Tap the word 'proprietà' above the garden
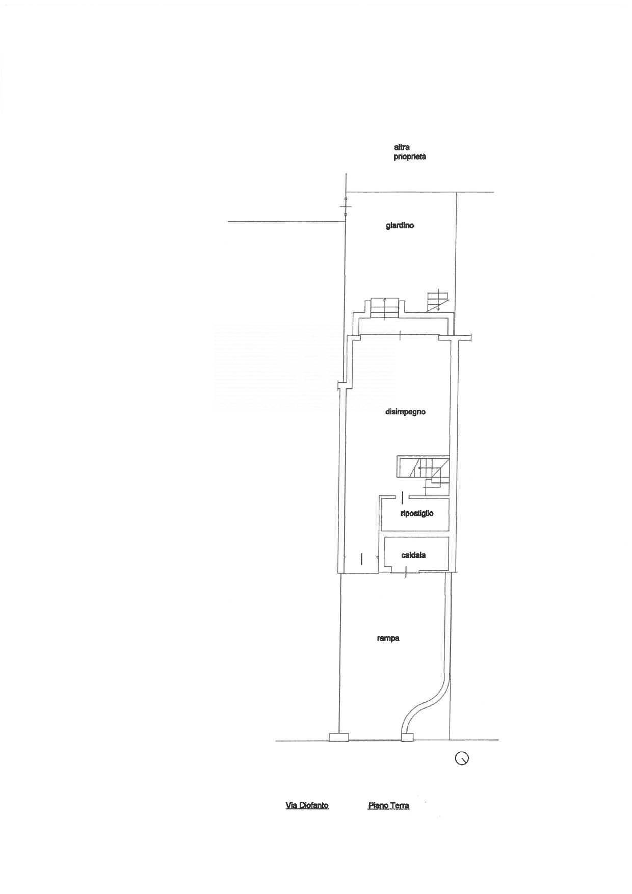pos(410,157)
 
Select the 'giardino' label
pos(400,225)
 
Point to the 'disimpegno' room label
pos(405,412)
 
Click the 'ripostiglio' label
pos(417,513)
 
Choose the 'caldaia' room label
pos(413,555)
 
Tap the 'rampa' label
pos(388,638)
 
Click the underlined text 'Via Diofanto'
pos(307,806)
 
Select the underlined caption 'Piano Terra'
pos(388,806)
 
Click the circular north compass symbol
pos(462,758)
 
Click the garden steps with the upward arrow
pos(385,307)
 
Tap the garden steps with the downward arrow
pos(437,300)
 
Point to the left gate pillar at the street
pos(339,737)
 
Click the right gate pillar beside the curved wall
pos(407,737)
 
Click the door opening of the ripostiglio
pos(403,496)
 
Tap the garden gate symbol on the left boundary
pos(346,207)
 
